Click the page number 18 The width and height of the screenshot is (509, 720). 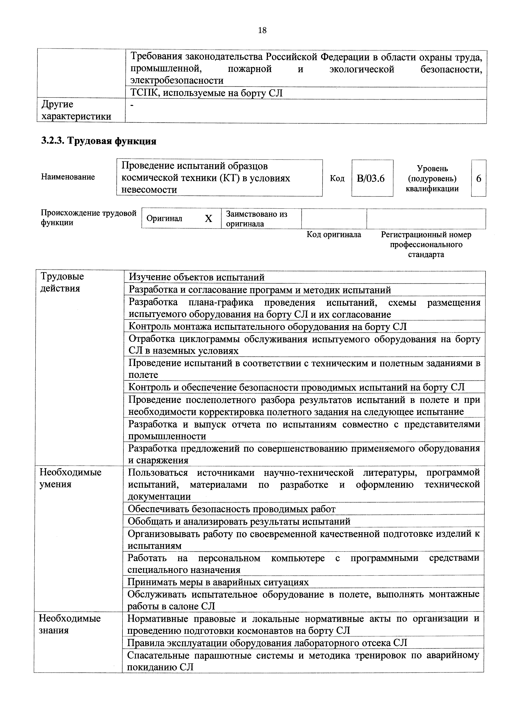[262, 30]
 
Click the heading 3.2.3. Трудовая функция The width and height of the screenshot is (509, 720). [99, 141]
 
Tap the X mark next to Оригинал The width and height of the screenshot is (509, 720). [208, 219]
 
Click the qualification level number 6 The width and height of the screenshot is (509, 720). [479, 178]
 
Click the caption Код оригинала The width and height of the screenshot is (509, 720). [334, 235]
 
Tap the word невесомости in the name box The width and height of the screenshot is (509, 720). [149, 190]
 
